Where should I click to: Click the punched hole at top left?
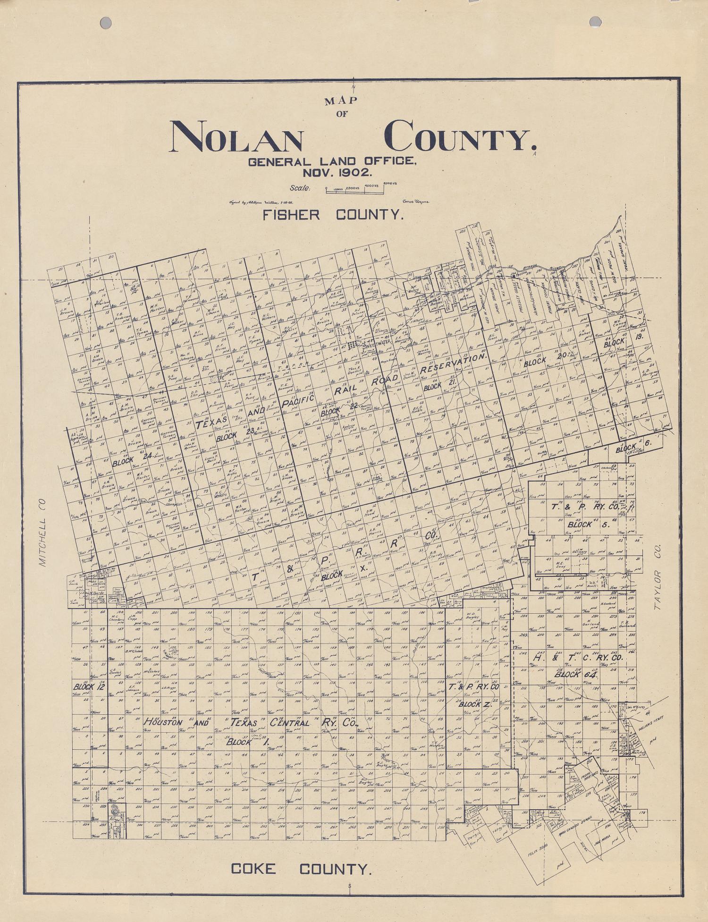click(x=106, y=22)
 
